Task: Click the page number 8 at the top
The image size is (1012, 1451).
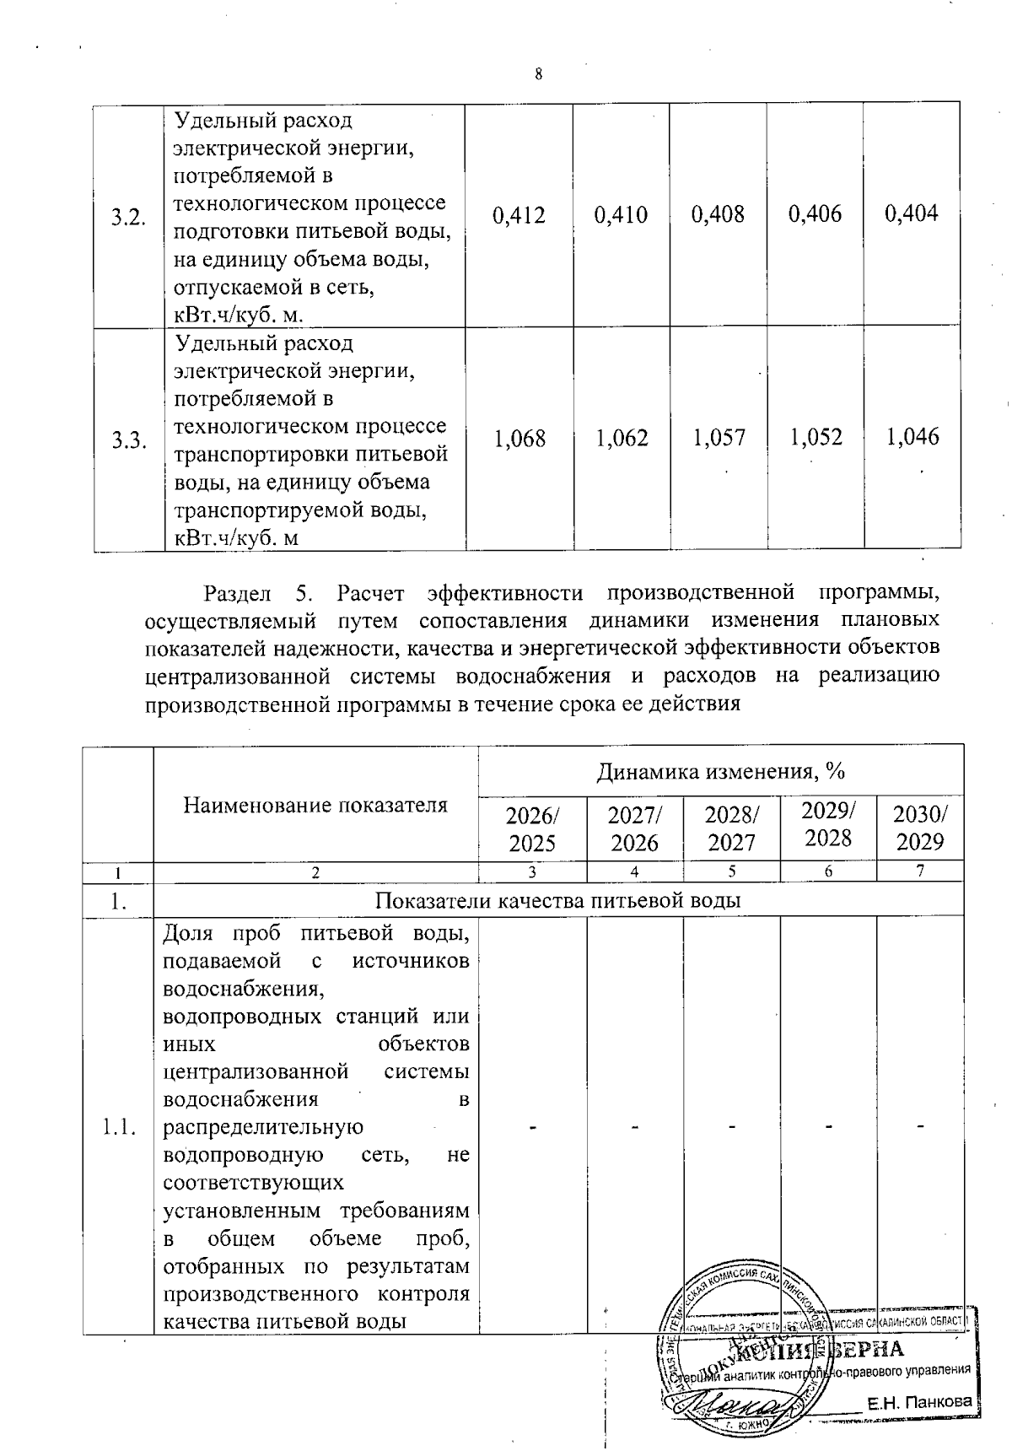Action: pos(538,73)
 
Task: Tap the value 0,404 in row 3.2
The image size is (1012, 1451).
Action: pos(912,213)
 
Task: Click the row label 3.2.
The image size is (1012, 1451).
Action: pos(129,217)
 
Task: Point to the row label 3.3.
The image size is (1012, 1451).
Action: pos(129,440)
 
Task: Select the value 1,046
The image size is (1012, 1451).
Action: pos(912,437)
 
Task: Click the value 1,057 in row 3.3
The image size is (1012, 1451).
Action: pos(719,437)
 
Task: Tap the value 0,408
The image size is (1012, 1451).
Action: pos(718,214)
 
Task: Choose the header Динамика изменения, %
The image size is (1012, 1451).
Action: pos(721,771)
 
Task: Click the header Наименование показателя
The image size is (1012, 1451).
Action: pos(315,805)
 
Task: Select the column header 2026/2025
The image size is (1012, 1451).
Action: pos(532,828)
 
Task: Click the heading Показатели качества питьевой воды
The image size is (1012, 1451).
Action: pos(557,900)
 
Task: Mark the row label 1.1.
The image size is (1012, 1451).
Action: pos(118,1126)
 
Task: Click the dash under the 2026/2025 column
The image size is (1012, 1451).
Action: pos(533,1126)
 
